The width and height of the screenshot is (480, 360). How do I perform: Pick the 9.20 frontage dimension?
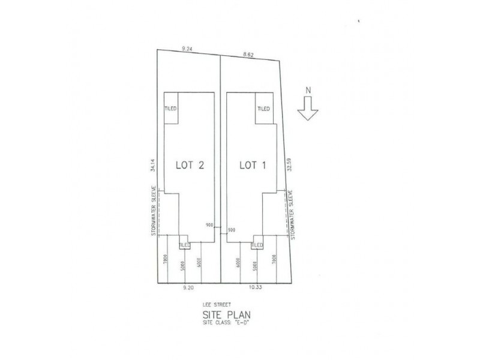(x=188, y=288)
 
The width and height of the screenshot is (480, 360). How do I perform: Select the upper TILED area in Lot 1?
(x=264, y=109)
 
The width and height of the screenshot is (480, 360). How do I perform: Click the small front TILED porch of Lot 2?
(x=184, y=245)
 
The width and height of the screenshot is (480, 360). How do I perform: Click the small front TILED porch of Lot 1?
(x=257, y=245)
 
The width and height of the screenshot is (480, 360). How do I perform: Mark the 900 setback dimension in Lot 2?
(x=209, y=226)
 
